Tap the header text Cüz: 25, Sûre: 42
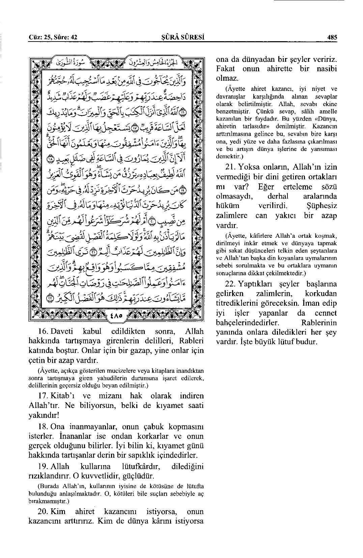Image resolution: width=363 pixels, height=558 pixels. coord(53,37)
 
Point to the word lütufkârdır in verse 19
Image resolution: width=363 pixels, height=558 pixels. coord(140,467)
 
